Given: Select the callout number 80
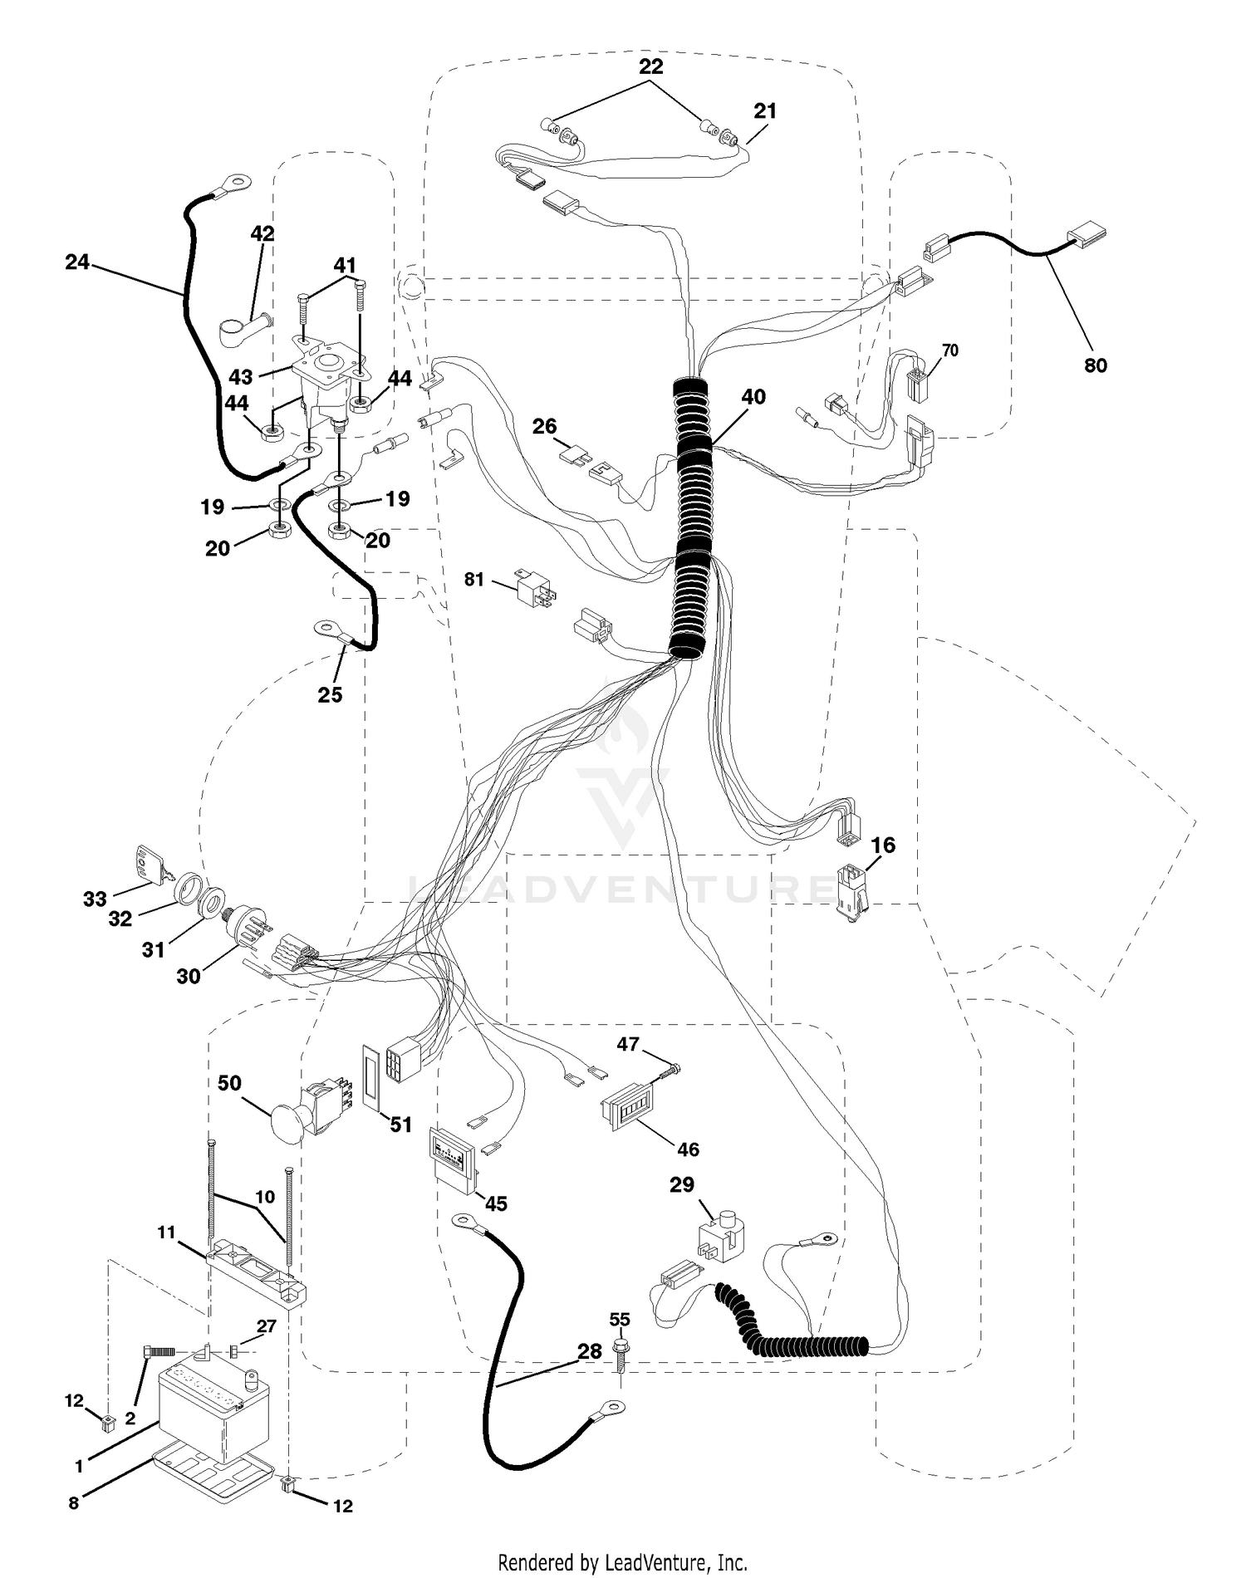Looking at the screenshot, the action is [1096, 365].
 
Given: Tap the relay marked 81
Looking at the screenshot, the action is [536, 588].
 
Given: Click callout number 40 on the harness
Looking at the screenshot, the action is [753, 397].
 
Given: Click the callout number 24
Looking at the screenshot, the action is [77, 262].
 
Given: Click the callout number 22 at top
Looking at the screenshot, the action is [650, 66].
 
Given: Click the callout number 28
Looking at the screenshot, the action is [589, 1351].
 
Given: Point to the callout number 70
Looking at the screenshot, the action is [950, 350].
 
